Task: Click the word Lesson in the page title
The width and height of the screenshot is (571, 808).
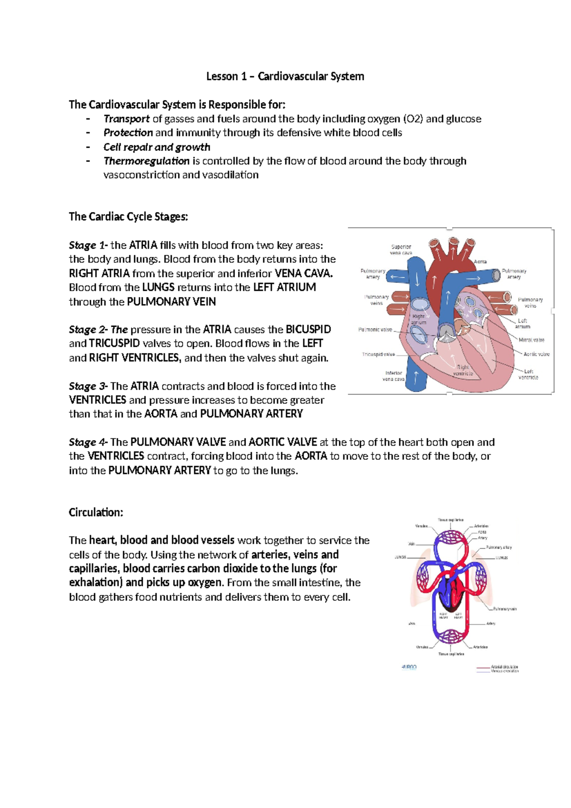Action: [x=222, y=76]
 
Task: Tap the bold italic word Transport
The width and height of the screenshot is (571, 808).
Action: [x=127, y=119]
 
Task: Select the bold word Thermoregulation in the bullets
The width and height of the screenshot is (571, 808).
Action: [x=147, y=161]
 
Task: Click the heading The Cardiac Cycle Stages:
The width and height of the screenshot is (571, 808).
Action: [x=128, y=217]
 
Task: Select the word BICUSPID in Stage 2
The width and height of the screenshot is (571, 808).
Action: [x=308, y=330]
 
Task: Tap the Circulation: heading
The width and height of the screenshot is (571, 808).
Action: [x=96, y=513]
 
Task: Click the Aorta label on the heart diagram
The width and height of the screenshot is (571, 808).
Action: [x=480, y=262]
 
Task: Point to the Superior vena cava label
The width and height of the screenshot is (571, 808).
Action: [x=401, y=250]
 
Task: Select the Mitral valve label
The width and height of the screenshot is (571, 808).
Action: [x=532, y=340]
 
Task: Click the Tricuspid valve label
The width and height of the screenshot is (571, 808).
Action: [x=378, y=354]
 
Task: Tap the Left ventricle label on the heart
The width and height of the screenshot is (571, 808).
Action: [x=528, y=374]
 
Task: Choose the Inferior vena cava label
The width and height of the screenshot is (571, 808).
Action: [x=394, y=376]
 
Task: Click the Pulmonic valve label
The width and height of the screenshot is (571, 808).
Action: [x=375, y=330]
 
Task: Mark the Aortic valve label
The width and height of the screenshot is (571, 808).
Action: [x=536, y=354]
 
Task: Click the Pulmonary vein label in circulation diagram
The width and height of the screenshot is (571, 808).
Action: [x=504, y=609]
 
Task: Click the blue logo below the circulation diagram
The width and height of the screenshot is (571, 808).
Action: [x=409, y=667]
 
